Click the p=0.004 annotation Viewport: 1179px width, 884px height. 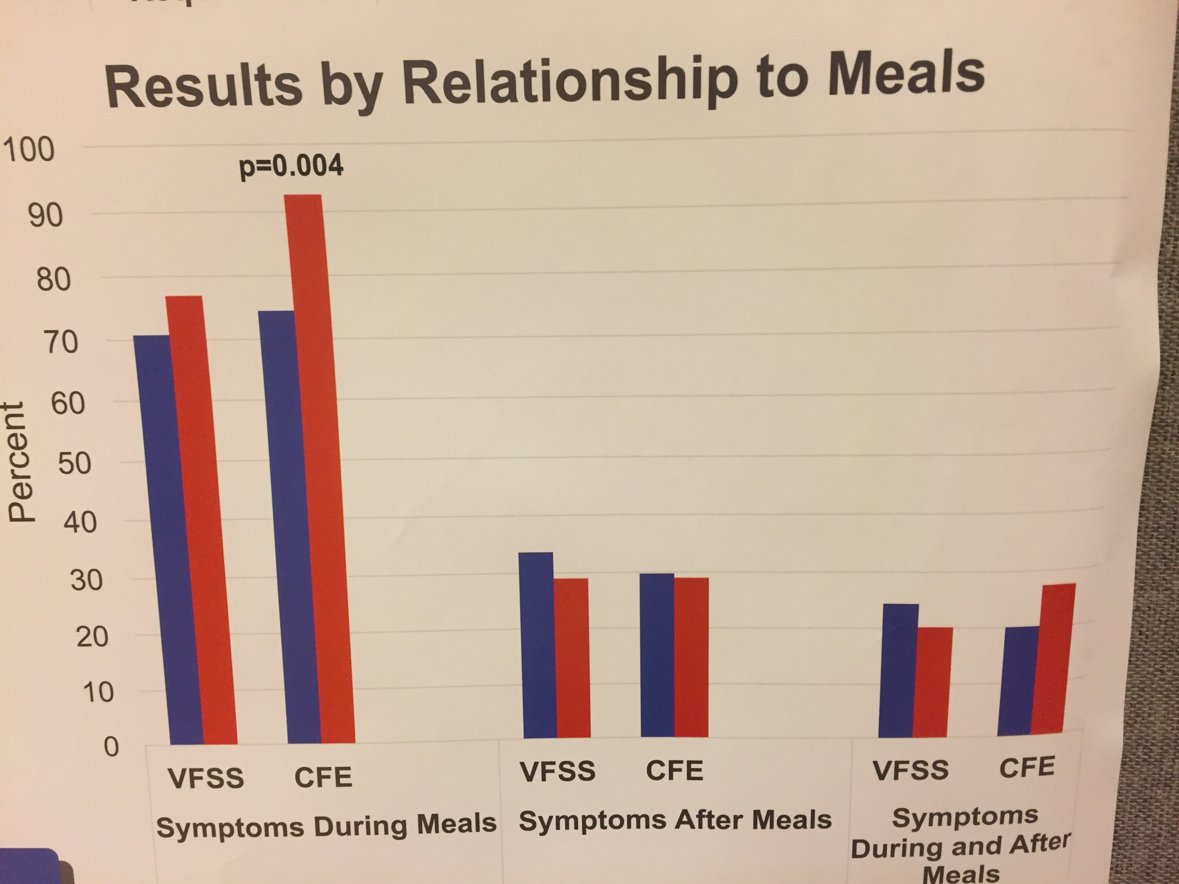point(291,167)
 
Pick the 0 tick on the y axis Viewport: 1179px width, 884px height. point(110,747)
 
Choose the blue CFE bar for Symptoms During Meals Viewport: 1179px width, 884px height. point(288,528)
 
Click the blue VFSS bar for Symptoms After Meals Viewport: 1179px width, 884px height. point(538,645)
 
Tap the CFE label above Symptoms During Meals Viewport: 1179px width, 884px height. point(323,776)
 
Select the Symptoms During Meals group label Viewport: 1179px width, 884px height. point(326,825)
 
